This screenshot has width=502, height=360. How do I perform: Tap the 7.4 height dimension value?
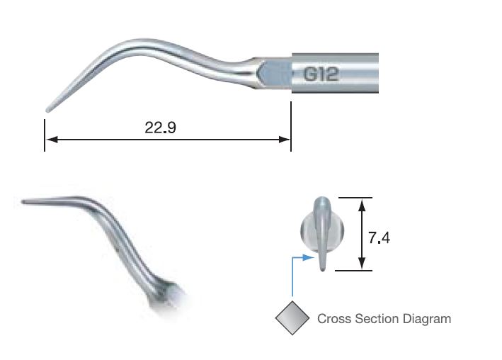380,237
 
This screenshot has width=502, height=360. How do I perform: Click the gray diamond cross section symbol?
292,318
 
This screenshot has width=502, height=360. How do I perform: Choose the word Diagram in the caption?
427,319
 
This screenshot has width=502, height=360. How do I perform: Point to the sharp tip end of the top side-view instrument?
47,110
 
